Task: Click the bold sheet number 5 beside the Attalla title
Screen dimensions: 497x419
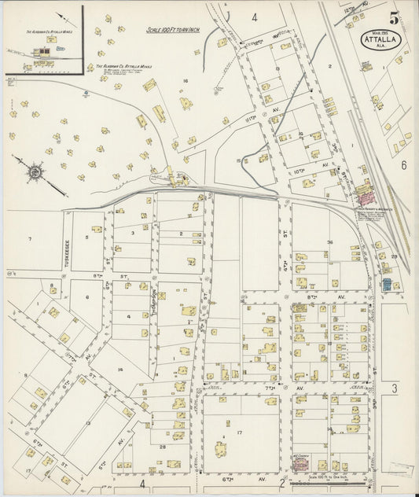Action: coord(392,17)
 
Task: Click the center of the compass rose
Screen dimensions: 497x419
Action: coord(35,171)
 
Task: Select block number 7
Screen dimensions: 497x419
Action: coord(31,237)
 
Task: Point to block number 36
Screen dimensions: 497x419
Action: coord(330,241)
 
